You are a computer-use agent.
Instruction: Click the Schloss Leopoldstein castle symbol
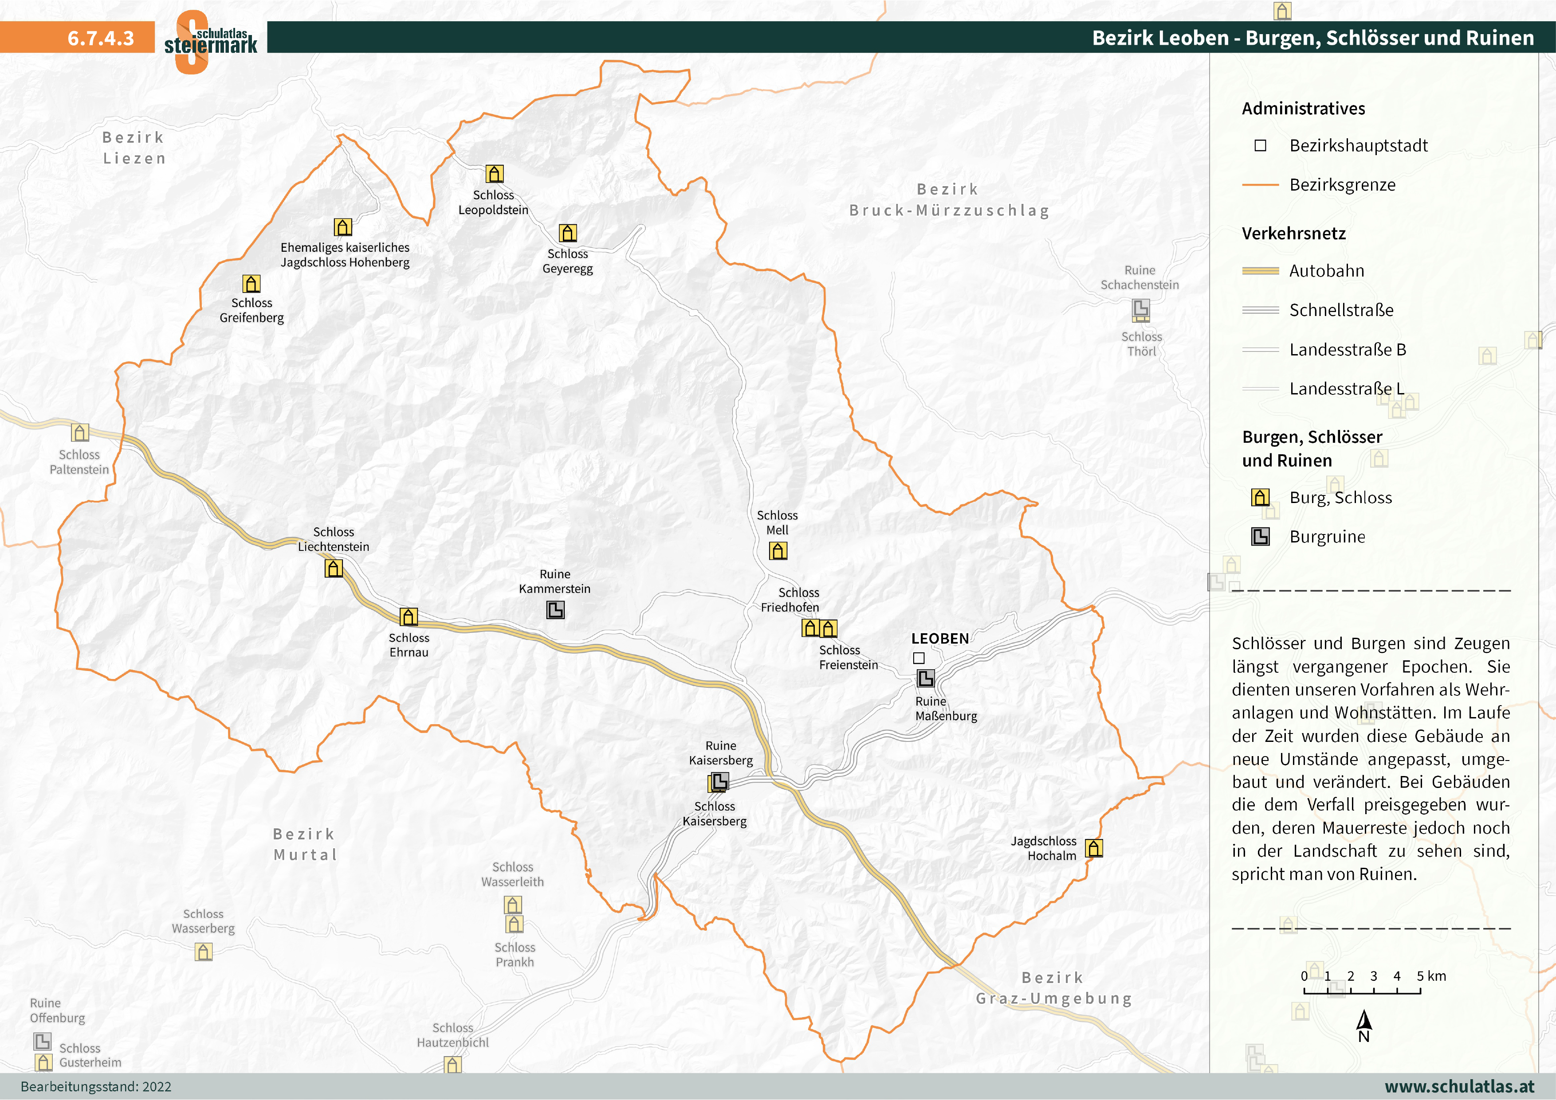click(x=495, y=174)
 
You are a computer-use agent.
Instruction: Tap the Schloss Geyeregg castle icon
click(x=568, y=233)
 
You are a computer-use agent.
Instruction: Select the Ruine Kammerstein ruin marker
click(x=555, y=610)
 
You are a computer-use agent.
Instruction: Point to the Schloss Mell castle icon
click(x=778, y=551)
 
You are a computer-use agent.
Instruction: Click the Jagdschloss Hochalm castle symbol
click(x=1094, y=848)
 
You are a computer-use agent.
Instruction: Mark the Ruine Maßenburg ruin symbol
click(x=926, y=678)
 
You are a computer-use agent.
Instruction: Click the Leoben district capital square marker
click(x=919, y=658)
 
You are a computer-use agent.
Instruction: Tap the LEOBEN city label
click(x=940, y=639)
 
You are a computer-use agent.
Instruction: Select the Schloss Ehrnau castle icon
click(x=409, y=616)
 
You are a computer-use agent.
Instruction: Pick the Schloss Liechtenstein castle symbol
click(x=334, y=568)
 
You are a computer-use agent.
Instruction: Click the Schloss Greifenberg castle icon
click(x=251, y=283)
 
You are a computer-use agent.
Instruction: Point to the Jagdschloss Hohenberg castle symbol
click(x=343, y=227)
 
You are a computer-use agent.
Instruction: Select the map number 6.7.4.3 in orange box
click(x=101, y=38)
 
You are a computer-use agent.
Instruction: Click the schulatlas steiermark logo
click(x=210, y=41)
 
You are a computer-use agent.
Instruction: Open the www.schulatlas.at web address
click(x=1459, y=1086)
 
